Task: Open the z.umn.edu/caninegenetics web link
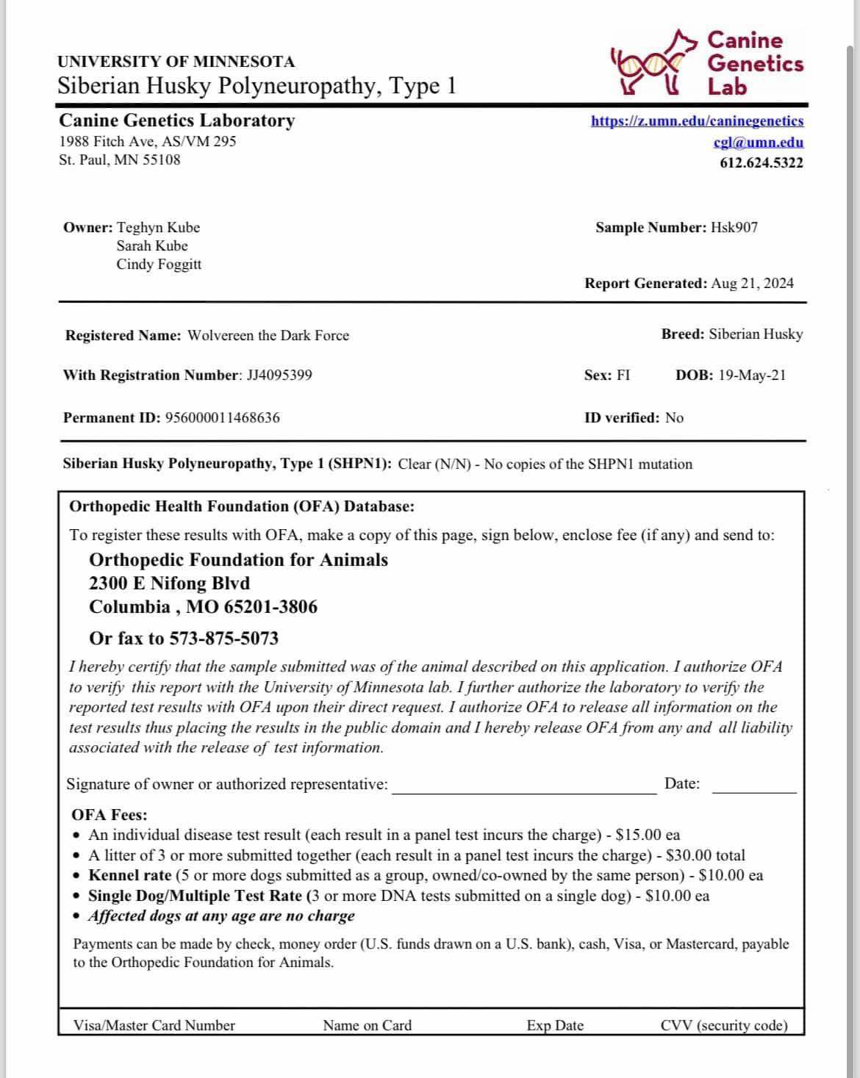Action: coord(697,121)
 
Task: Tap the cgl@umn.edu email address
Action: coord(759,143)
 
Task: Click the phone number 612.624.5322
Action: coord(761,163)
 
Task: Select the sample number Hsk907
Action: coord(734,228)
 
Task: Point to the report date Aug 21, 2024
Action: coord(752,284)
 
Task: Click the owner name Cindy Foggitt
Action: coord(159,265)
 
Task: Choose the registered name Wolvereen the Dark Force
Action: coord(268,336)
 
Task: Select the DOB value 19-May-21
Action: coord(751,375)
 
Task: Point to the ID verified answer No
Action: coord(674,418)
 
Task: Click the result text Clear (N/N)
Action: coord(434,464)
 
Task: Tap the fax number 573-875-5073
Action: coord(223,639)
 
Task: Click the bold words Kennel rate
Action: coord(129,876)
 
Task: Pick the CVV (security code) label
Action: coord(723,1026)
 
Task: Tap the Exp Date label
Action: coord(555,1026)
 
